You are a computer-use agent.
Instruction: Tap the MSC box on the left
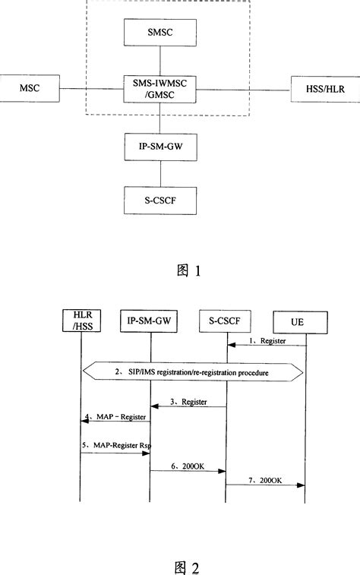pos(29,88)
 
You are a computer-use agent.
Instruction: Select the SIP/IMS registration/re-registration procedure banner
pos(192,373)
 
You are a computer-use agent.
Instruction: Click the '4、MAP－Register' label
pos(115,417)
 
